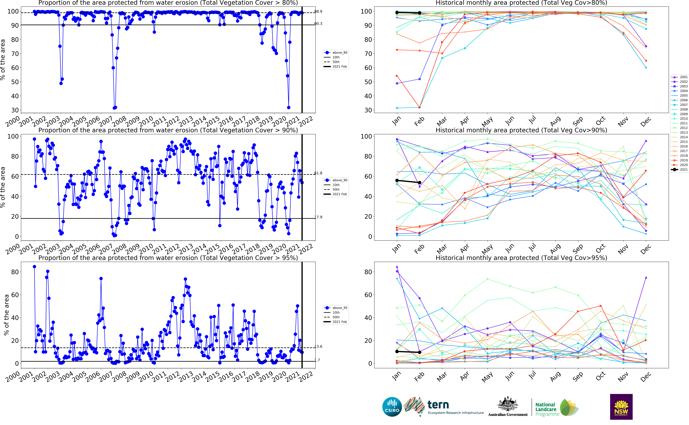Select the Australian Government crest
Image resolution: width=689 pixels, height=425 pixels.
tap(508, 404)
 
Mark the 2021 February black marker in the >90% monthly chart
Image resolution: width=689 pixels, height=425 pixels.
tap(420, 182)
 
